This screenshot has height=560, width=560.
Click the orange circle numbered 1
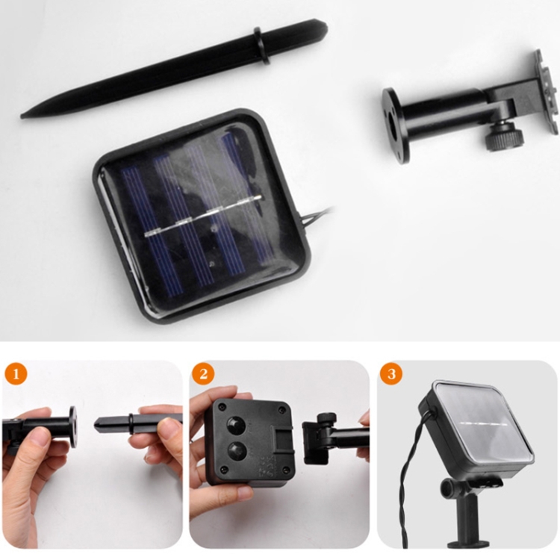coord(16,373)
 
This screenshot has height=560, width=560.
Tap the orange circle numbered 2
coord(203,373)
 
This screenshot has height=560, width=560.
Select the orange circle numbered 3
coord(391,373)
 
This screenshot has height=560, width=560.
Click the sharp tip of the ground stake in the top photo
coord(22,116)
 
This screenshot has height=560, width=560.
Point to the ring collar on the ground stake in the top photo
coord(261,46)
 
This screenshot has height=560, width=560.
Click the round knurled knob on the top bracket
coord(503,137)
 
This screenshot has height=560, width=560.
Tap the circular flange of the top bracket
coord(395,125)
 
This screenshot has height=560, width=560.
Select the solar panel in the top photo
coord(202,217)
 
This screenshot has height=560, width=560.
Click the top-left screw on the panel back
coord(223,406)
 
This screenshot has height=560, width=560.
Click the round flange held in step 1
coord(72,427)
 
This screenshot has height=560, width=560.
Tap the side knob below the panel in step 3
coord(448,488)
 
